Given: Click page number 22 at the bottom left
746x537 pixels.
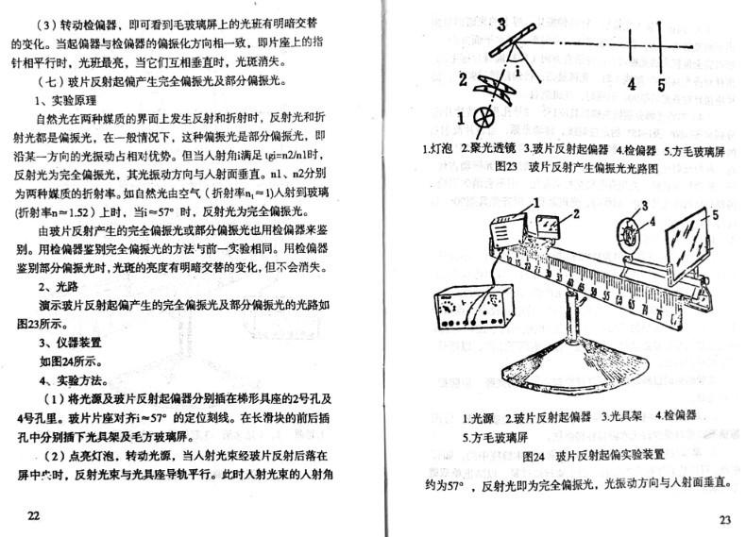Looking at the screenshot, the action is coord(34,515).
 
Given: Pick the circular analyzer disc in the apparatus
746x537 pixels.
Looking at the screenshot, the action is coord(629,230).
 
